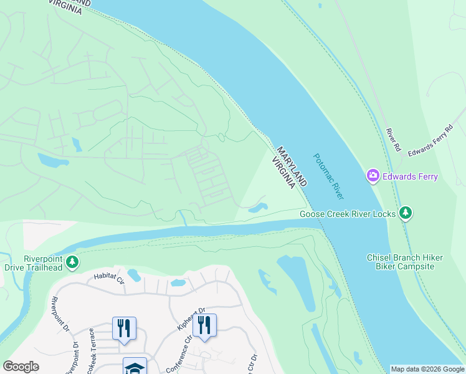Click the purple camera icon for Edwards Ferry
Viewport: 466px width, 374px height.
point(373,176)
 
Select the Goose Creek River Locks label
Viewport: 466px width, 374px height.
point(348,214)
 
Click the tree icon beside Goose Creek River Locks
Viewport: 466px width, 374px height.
point(406,213)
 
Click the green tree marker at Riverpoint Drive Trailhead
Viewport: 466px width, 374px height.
point(73,262)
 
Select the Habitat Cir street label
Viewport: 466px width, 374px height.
point(109,278)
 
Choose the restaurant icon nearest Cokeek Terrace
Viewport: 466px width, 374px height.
point(124,328)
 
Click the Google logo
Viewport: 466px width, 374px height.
point(21,367)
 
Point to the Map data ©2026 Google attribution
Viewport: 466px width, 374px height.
point(427,369)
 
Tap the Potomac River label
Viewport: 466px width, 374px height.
point(328,176)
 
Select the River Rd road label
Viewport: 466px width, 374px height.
point(392,140)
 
